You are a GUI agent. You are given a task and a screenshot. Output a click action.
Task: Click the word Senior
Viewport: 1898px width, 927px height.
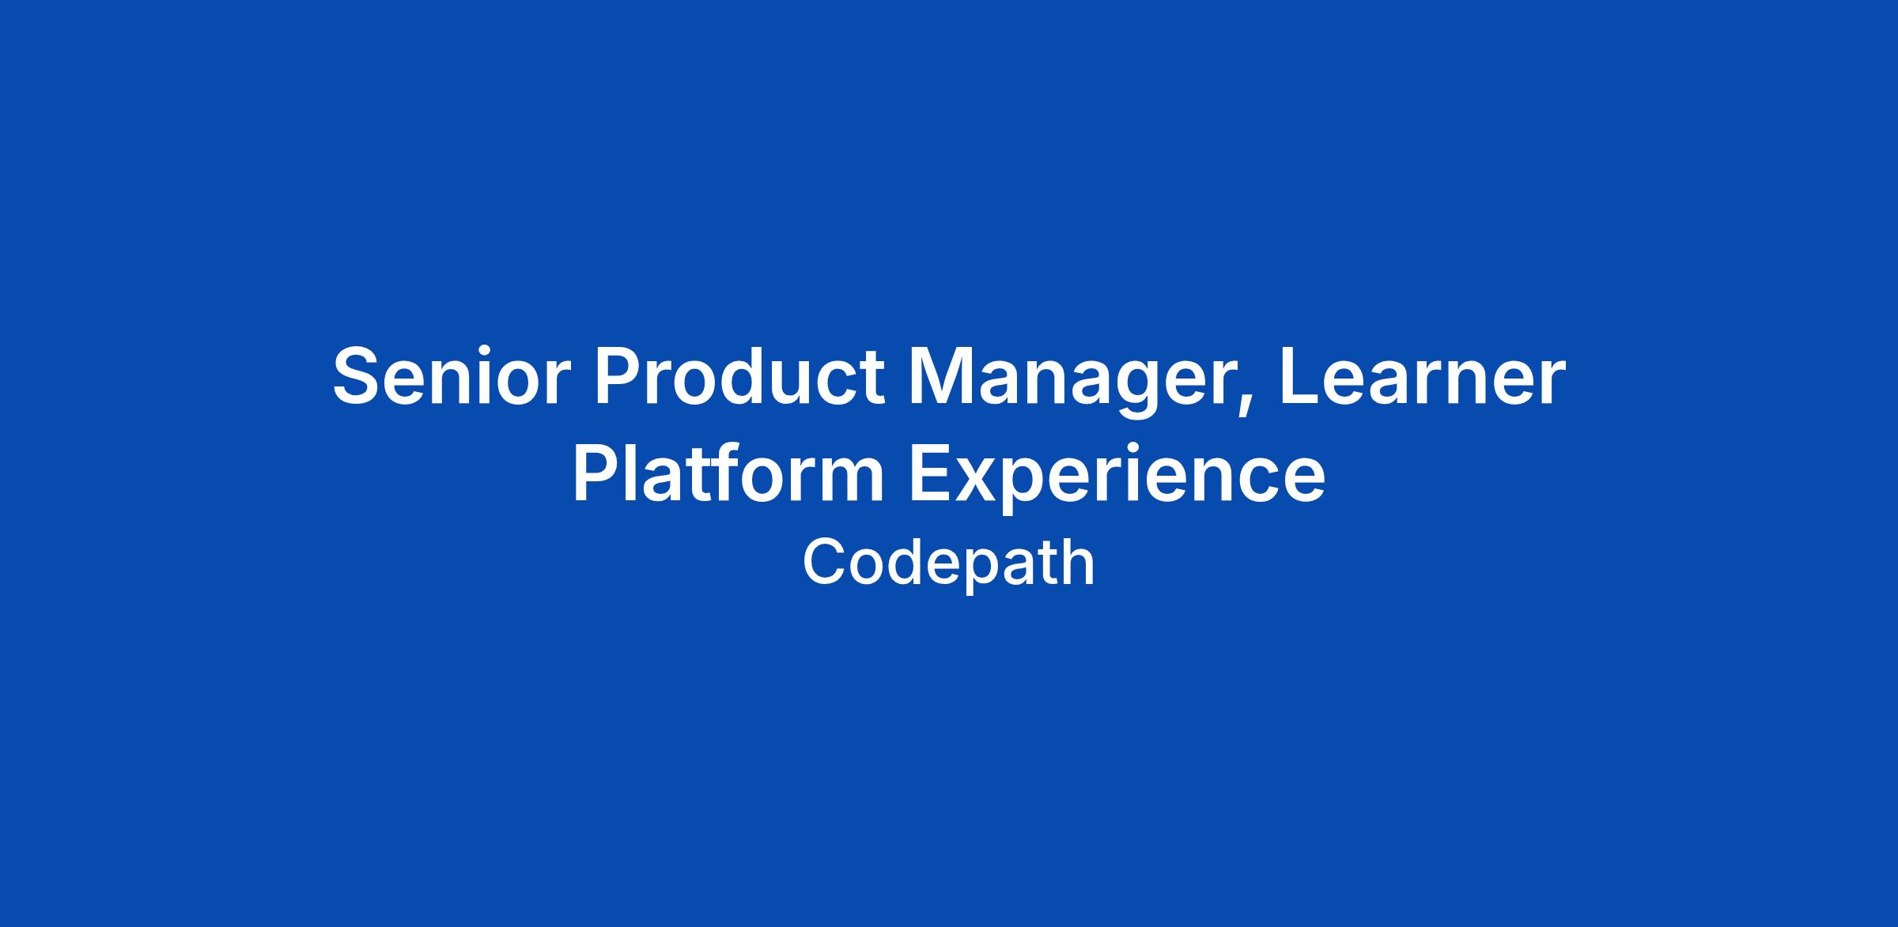click(452, 377)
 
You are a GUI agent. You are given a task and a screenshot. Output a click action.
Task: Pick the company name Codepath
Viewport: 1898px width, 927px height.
click(949, 563)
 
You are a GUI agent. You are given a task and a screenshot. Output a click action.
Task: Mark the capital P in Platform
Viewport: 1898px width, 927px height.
click(597, 474)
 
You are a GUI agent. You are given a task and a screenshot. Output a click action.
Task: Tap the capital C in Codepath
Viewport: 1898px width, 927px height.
click(825, 563)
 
